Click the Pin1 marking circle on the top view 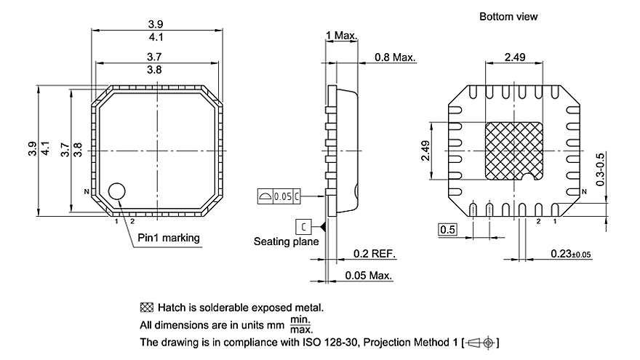coord(117,191)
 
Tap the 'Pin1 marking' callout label coord(168,238)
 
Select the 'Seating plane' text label coord(286,241)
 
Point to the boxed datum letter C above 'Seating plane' coord(303,225)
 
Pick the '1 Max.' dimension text coord(340,36)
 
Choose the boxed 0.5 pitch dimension coord(447,231)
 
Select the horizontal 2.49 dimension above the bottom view coord(513,57)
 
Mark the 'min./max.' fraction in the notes coord(301,324)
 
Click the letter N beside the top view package coord(86,192)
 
